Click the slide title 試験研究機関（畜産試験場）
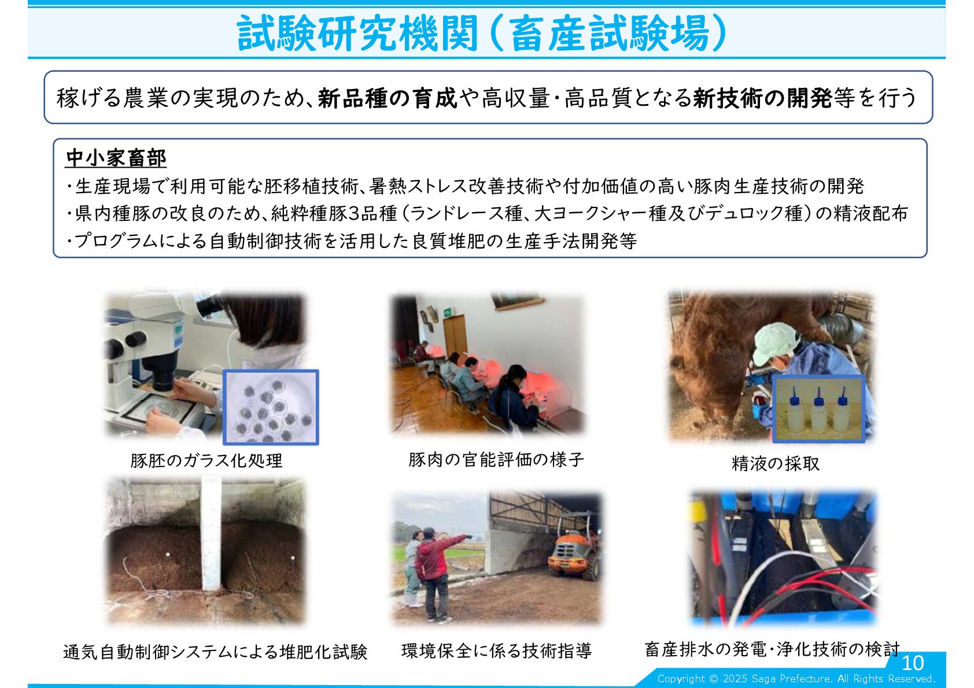(482, 33)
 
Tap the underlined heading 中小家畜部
(116, 158)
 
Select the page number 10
(913, 663)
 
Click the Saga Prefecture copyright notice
(796, 678)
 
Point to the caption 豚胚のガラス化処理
(206, 461)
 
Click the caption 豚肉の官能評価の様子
(496, 460)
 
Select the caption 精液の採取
(775, 463)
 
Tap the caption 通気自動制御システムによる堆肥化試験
(215, 652)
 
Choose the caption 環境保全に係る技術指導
(497, 651)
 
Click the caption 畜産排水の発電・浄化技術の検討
(772, 649)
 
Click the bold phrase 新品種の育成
(388, 98)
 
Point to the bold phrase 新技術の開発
(763, 98)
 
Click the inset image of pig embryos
(271, 407)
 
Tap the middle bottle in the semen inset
(818, 409)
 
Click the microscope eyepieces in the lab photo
(126, 343)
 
